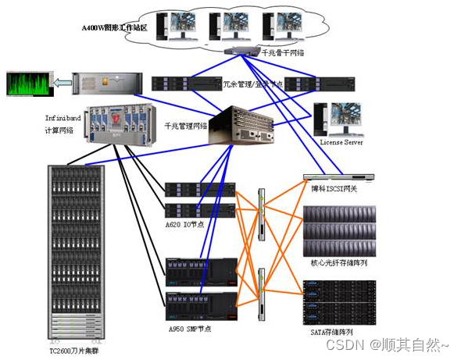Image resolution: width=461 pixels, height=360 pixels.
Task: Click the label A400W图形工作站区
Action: (x=116, y=28)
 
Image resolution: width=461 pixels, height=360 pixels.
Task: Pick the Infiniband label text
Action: (x=63, y=118)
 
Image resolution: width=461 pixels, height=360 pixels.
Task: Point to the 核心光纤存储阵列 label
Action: (x=339, y=263)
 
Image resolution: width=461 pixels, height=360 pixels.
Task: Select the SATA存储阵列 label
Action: (x=337, y=332)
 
